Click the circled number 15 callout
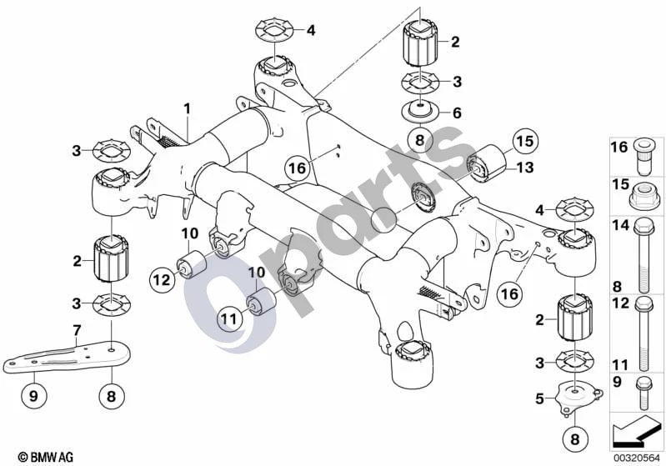(x=524, y=142)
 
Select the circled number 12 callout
(x=162, y=279)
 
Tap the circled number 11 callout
(x=229, y=319)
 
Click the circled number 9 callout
(x=33, y=396)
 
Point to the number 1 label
(x=188, y=108)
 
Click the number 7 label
(x=77, y=329)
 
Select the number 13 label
(x=524, y=168)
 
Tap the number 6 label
(x=457, y=113)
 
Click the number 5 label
(x=539, y=398)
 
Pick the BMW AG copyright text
(x=46, y=457)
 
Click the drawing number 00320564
(x=637, y=458)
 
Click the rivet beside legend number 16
(x=644, y=157)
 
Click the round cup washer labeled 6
(x=419, y=111)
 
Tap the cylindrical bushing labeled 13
(x=488, y=163)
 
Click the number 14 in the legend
(x=620, y=225)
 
